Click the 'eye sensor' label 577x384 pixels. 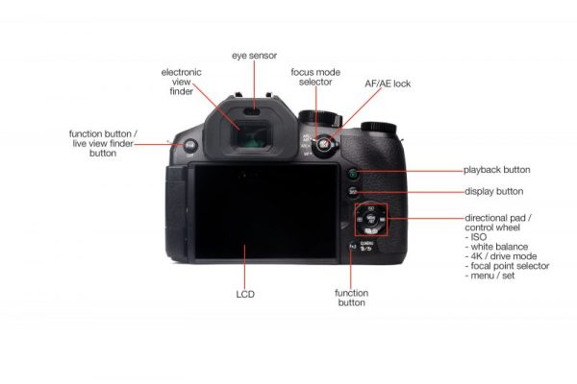coord(253,56)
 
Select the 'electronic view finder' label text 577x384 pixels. coord(180,83)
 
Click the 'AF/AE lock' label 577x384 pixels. coord(387,84)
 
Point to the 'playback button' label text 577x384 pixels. coord(496,170)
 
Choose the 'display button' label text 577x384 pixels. coord(493,192)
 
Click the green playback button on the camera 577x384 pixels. coord(353,173)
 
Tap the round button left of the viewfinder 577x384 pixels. coord(190,146)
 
